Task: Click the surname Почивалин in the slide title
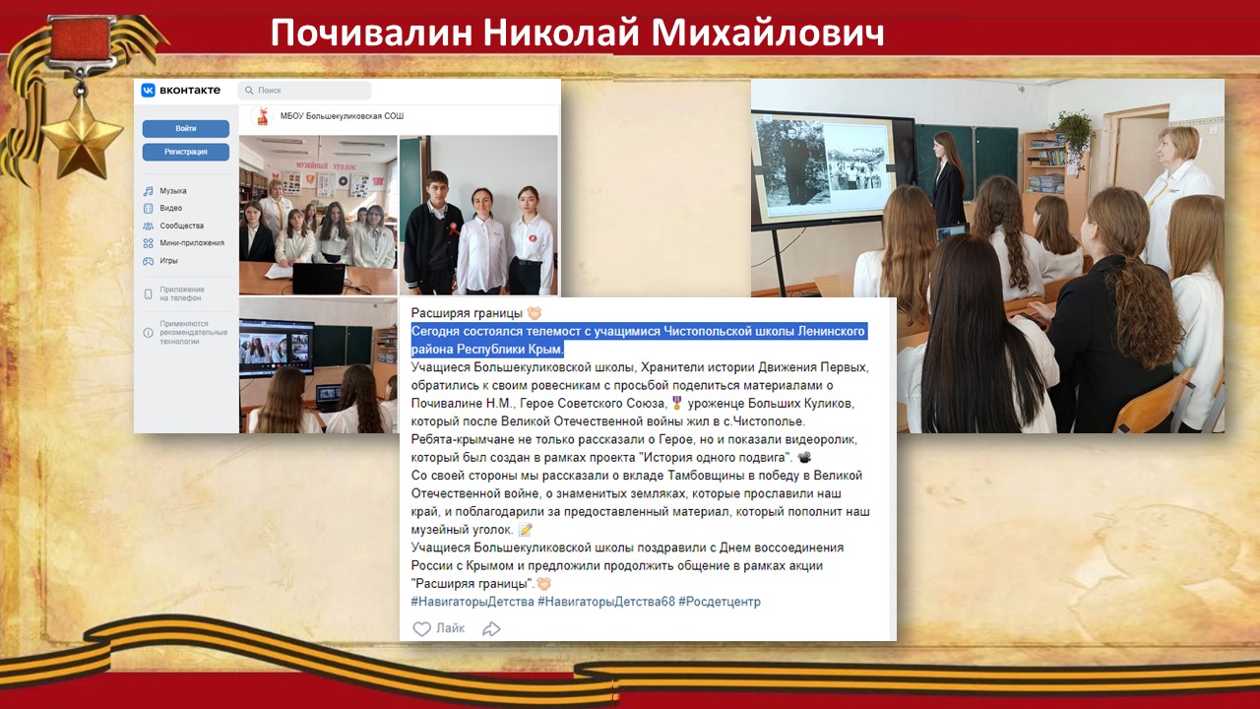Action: coord(371,32)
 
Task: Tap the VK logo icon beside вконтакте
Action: coord(148,90)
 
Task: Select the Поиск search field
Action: coord(304,90)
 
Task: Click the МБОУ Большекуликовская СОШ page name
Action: coord(342,116)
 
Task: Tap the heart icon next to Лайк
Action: coord(422,628)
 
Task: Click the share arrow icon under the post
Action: coord(491,628)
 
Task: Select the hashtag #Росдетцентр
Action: coord(720,602)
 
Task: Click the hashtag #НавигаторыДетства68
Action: coord(606,602)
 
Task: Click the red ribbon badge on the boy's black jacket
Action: coord(452,227)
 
